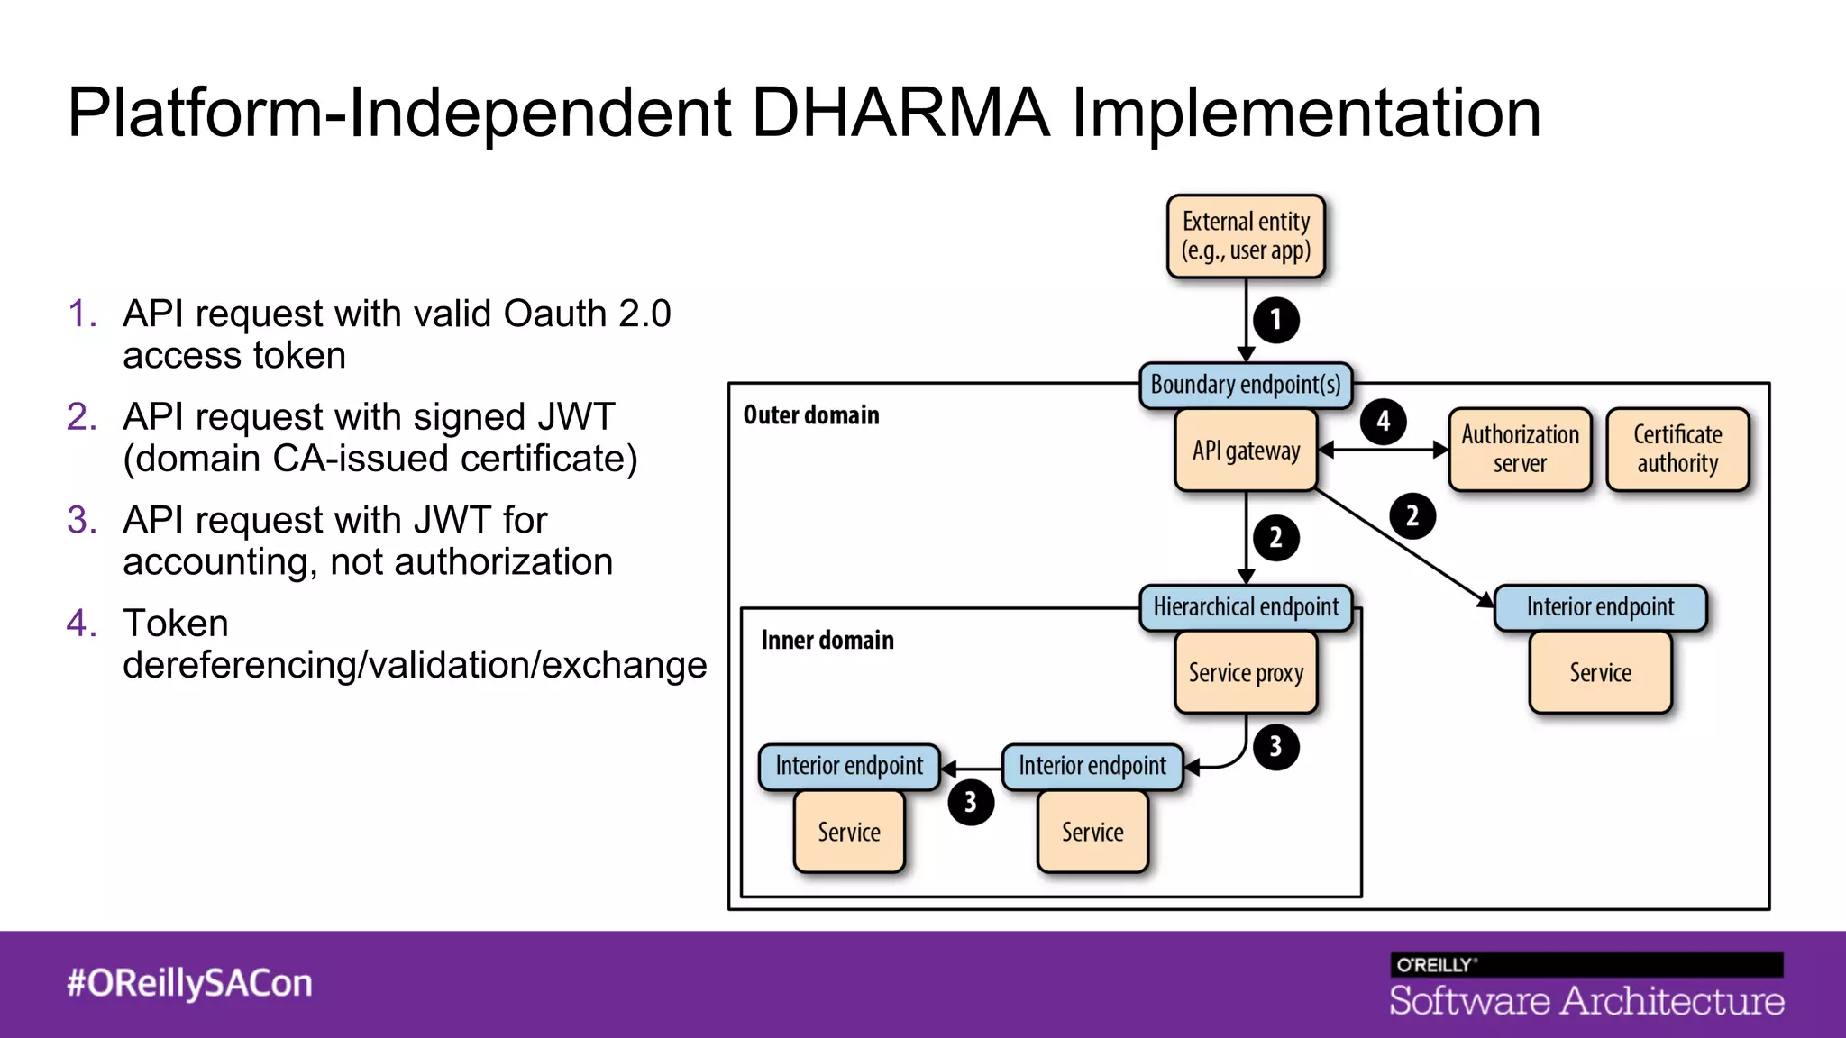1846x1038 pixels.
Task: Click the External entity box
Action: [x=1246, y=236]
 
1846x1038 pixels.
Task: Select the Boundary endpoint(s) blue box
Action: [x=1246, y=385]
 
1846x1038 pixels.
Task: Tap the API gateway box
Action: [x=1246, y=450]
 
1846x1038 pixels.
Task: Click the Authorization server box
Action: [x=1520, y=449]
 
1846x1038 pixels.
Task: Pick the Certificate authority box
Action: [x=1677, y=449]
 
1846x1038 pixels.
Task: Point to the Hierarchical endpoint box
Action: [x=1246, y=607]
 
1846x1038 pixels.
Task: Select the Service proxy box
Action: [x=1246, y=672]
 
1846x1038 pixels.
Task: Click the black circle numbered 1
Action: [x=1275, y=320]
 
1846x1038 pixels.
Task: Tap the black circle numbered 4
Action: [x=1383, y=421]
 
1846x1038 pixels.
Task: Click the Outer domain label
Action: [x=810, y=415]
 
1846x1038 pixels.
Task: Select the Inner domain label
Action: [x=827, y=640]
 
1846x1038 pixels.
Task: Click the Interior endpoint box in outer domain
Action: [x=1600, y=607]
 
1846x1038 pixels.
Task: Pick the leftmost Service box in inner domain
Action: [x=849, y=832]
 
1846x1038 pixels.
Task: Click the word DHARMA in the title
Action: [x=900, y=113]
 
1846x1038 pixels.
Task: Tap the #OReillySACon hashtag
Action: [x=189, y=983]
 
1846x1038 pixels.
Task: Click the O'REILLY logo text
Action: [x=1435, y=965]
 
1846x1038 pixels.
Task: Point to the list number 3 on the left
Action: [x=81, y=520]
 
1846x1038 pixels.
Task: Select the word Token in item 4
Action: [x=176, y=624]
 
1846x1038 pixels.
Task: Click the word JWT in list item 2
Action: [x=575, y=417]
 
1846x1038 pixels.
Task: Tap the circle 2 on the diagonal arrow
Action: [x=1412, y=516]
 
